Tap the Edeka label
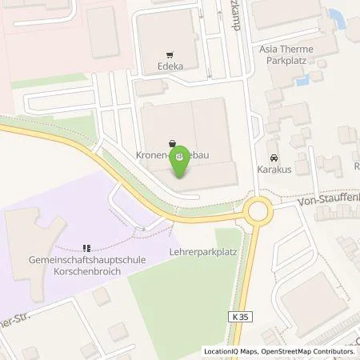pos(170,56)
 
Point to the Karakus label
pos(274,170)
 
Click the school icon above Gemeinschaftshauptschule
pos(87,248)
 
